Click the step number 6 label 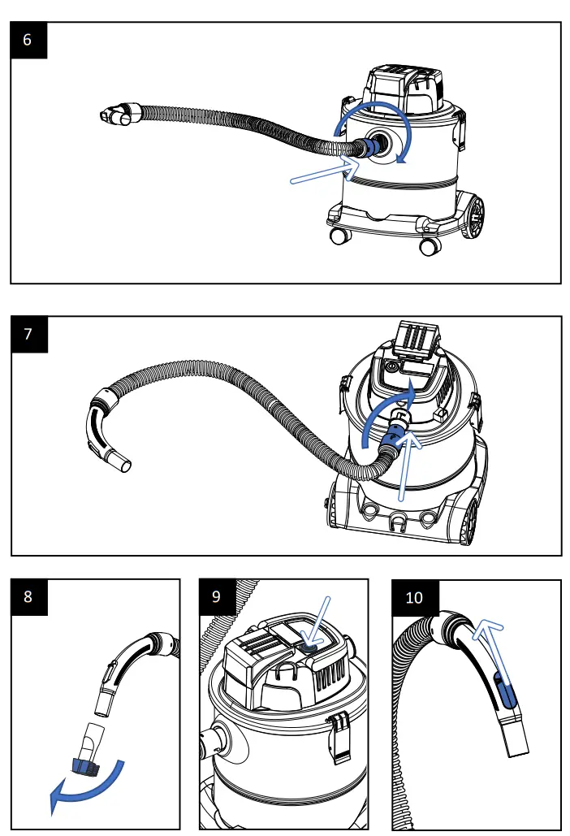(28, 40)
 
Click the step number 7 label (28, 334)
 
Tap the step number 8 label (28, 596)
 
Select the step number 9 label (217, 596)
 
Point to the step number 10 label (414, 597)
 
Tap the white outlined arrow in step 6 (325, 172)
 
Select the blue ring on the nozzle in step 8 (85, 764)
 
